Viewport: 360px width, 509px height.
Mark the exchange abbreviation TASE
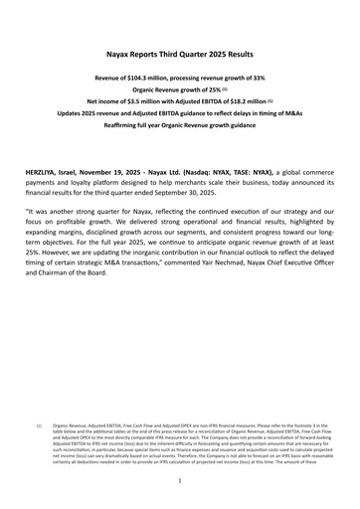click(x=266, y=171)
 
